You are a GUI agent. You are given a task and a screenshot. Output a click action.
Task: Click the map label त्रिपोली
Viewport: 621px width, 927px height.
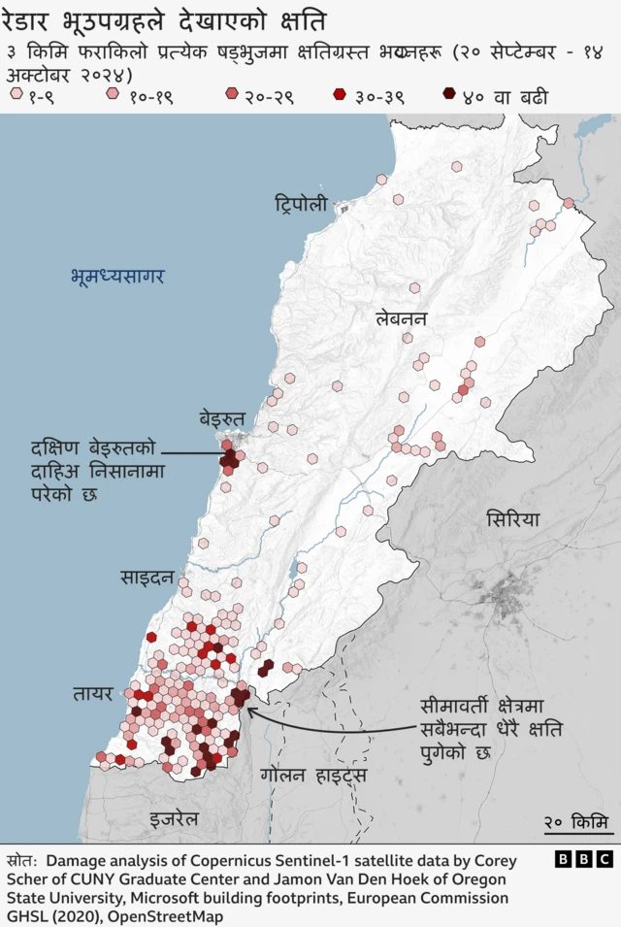coord(300,205)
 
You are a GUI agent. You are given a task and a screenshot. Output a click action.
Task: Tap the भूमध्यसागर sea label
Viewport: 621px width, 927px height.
coord(117,276)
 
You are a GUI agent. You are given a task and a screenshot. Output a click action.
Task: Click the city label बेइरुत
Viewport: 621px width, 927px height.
coord(223,417)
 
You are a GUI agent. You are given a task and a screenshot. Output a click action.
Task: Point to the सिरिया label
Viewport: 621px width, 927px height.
coord(513,519)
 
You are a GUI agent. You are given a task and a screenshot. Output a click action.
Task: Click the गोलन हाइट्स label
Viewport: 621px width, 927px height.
coord(312,776)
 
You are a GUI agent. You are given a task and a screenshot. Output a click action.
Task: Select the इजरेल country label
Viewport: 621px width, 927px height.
coord(175,819)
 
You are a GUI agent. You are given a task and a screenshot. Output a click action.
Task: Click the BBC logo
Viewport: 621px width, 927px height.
coord(584,859)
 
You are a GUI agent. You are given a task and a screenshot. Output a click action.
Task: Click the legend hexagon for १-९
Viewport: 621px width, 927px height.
coord(16,94)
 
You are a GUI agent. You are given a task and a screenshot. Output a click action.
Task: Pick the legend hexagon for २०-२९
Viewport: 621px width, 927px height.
coord(231,94)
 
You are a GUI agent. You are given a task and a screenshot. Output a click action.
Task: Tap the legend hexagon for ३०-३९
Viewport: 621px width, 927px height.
coord(339,94)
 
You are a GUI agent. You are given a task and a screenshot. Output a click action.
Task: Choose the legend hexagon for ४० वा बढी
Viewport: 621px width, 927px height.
coord(448,94)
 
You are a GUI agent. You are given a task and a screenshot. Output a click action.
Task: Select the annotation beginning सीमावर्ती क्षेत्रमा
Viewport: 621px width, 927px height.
coord(491,728)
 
